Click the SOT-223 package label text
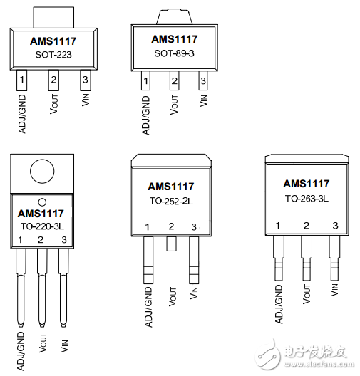[53, 55]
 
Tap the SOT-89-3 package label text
[174, 53]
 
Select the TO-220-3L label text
[42, 226]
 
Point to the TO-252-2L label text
[171, 201]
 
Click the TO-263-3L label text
[307, 199]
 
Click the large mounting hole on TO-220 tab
[42, 172]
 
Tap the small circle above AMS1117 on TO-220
[42, 202]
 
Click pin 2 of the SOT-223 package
[53, 80]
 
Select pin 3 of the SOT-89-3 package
[203, 80]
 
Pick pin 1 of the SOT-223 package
[21, 80]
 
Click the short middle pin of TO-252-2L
[171, 244]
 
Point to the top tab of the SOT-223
[53, 18]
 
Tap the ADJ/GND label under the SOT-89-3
[145, 115]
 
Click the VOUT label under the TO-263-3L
[307, 294]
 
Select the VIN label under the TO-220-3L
[64, 346]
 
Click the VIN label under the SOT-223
[86, 100]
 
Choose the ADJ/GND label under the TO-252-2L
[148, 307]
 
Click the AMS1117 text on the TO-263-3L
[307, 184]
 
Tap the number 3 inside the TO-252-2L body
[194, 227]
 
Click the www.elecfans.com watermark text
[319, 365]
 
